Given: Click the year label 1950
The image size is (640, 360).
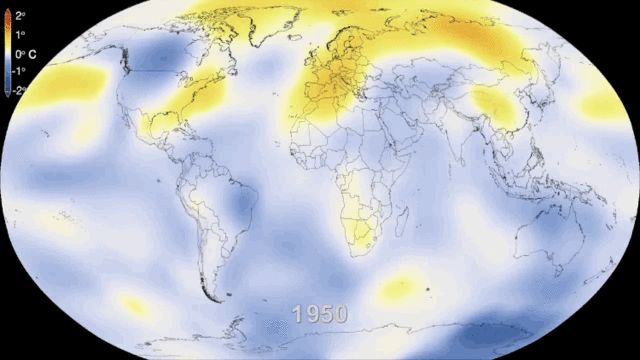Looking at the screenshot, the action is click(319, 314).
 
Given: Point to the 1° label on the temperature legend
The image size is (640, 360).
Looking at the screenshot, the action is click(19, 34).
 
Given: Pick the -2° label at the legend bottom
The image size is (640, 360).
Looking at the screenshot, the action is click(18, 89).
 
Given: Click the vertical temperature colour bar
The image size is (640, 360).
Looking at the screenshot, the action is click(6, 52).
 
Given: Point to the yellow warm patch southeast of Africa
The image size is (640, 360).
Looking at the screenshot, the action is click(397, 288).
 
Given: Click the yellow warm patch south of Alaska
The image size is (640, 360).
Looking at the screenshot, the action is click(70, 81).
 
